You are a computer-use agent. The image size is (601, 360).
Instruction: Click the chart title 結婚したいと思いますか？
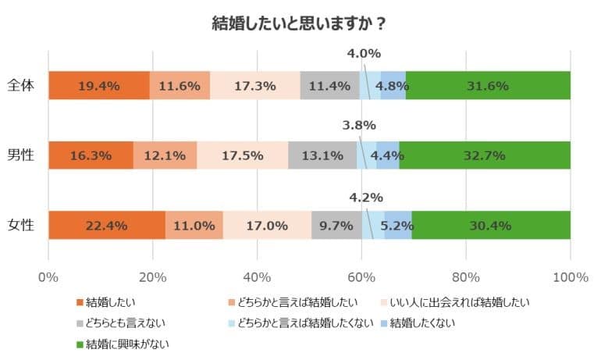pos(300,23)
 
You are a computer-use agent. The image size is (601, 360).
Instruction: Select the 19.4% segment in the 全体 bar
pos(98,86)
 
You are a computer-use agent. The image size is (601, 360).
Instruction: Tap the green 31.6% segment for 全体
pos(488,86)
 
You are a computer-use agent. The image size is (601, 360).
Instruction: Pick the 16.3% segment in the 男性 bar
pos(91,155)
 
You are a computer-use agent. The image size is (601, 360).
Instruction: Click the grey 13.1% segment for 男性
pos(322,155)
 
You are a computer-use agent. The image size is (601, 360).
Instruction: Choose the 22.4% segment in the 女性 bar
pos(106,226)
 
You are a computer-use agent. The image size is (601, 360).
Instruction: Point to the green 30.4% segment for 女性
pos(491,226)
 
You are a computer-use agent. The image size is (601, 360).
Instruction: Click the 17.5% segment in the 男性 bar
pos(242,155)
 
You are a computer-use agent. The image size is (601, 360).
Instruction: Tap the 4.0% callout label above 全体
pos(363,54)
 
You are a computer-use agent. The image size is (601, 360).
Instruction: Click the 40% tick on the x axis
pos(258,276)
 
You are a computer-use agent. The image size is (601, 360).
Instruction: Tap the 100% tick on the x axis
pos(570,276)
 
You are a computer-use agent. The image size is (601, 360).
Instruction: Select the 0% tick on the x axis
pos(48,276)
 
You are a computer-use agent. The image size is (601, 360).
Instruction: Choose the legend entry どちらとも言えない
pos(127,322)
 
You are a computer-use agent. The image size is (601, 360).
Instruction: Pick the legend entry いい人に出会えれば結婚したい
pos(453,301)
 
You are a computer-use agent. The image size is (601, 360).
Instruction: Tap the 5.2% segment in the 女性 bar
pos(399,226)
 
